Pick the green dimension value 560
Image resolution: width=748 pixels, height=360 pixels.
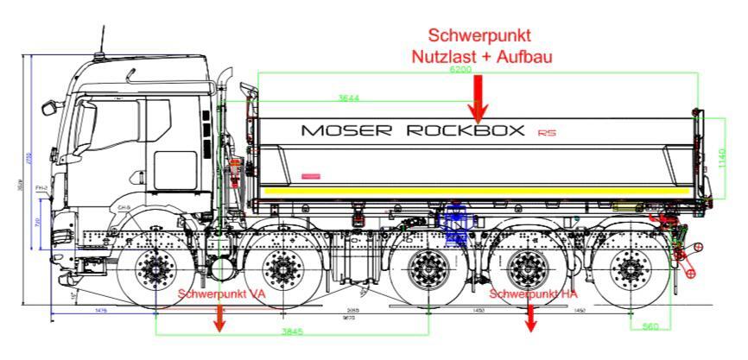click(650, 326)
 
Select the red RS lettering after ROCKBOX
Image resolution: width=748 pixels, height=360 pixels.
click(545, 133)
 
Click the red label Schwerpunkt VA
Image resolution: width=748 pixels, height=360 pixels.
click(221, 294)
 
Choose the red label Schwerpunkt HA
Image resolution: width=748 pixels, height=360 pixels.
click(533, 294)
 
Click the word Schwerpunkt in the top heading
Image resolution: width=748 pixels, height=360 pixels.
click(479, 35)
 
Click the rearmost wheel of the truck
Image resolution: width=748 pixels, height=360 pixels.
click(628, 270)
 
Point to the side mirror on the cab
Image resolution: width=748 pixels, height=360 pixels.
click(48, 107)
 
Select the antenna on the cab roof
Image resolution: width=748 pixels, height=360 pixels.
click(104, 39)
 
